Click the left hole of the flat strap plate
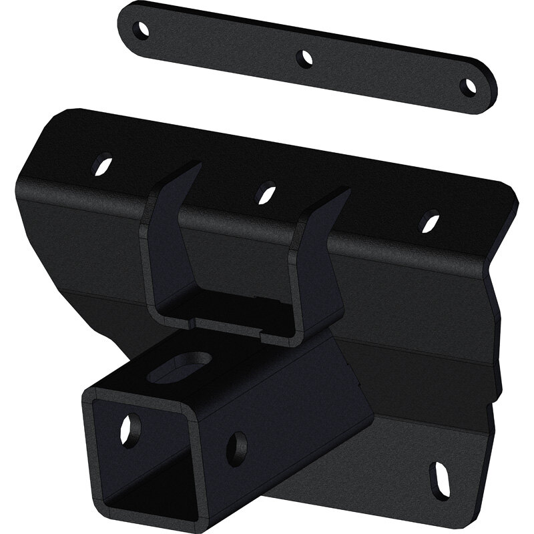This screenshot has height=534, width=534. click(141, 29)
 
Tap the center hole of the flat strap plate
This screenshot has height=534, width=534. click(305, 58)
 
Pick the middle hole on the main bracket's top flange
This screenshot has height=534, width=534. click(266, 193)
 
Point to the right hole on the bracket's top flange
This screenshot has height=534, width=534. click(429, 221)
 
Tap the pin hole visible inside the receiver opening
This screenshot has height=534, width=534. click(129, 430)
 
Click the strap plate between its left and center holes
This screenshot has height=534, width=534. click(224, 43)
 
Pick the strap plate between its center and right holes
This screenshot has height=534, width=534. click(387, 72)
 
